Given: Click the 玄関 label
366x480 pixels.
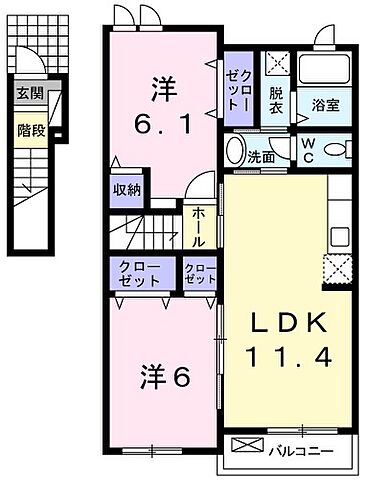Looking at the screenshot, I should (x=29, y=96).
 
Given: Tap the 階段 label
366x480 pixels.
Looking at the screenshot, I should (x=29, y=129).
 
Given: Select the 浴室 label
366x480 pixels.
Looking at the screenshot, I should (x=324, y=104).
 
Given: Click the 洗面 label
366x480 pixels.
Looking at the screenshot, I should (x=262, y=156).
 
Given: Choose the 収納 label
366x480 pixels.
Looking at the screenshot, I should (x=125, y=188).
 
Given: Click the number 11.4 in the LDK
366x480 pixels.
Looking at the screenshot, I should (x=284, y=354).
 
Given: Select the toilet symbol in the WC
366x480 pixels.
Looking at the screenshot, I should (x=339, y=151).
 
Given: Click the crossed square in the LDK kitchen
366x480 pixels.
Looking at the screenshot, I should (x=336, y=268).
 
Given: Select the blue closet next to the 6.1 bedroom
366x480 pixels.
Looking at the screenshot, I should (x=238, y=88).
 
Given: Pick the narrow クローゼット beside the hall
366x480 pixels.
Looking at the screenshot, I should (x=199, y=274).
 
